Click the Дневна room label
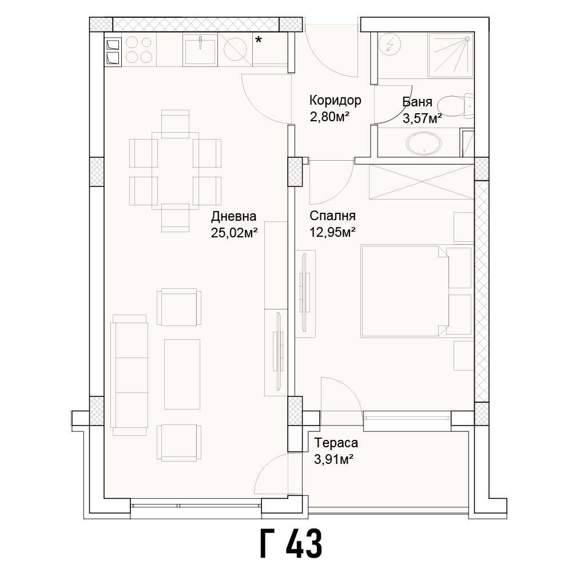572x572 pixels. [233, 216]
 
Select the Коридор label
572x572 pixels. [335, 101]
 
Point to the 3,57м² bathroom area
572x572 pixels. [422, 118]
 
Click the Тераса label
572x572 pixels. [336, 443]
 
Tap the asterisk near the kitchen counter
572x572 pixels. [259, 40]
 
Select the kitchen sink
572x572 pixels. [200, 49]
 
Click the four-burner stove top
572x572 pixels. [138, 49]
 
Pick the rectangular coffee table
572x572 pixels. [182, 374]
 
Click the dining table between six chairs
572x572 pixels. [175, 170]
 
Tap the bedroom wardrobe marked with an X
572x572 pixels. [422, 181]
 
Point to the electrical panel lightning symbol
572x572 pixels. [391, 44]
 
